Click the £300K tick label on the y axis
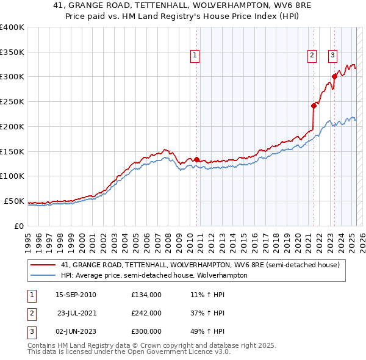point(12,77)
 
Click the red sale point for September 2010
point(196,159)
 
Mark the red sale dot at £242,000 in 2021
point(314,106)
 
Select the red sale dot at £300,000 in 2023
point(334,77)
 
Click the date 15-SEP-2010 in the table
point(76,295)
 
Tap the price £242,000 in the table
point(146,313)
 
